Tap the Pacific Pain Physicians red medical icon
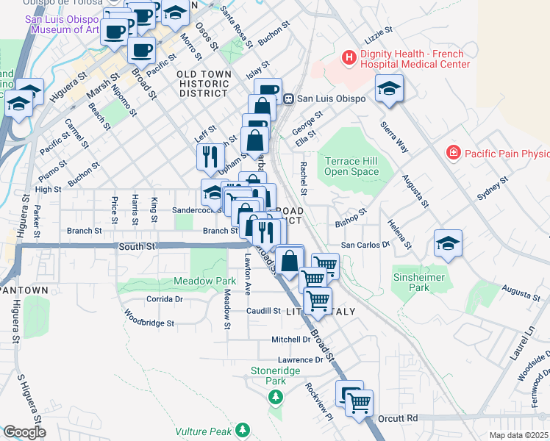454,153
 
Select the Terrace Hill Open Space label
352,166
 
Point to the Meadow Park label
205,281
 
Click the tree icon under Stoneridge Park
276,397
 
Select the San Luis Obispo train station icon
290,98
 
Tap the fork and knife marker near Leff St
210,155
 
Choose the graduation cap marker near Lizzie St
388,90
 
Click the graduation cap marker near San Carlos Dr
448,244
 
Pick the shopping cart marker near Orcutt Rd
359,402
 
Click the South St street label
137,248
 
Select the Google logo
24,431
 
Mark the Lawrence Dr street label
300,360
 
